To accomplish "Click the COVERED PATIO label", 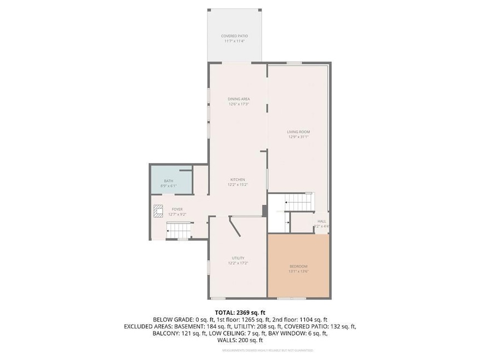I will pyautogui.click(x=234, y=36).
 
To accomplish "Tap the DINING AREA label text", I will pyautogui.click(x=239, y=99).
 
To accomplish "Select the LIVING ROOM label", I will pyautogui.click(x=298, y=132).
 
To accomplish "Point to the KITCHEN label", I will pyautogui.click(x=237, y=179).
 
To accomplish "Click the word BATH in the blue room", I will pyautogui.click(x=169, y=181).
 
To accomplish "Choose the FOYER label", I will pyautogui.click(x=177, y=209).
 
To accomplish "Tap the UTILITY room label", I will pyautogui.click(x=238, y=258).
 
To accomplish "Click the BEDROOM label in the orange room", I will pyautogui.click(x=298, y=266).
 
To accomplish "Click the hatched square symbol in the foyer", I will pyautogui.click(x=159, y=210).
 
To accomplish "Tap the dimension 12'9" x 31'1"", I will pyautogui.click(x=298, y=137).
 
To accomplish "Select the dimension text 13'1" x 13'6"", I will pyautogui.click(x=298, y=271).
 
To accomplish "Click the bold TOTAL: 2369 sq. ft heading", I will pyautogui.click(x=240, y=313).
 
